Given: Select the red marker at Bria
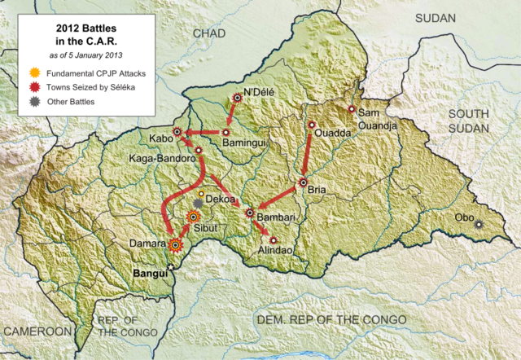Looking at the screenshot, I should click(303, 182).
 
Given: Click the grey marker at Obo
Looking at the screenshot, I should click(479, 225).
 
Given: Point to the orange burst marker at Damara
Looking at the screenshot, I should click(174, 243).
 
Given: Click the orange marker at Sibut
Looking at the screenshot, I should click(194, 217).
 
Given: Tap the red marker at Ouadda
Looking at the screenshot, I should click(312, 125).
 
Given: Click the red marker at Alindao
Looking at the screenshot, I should click(274, 239).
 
